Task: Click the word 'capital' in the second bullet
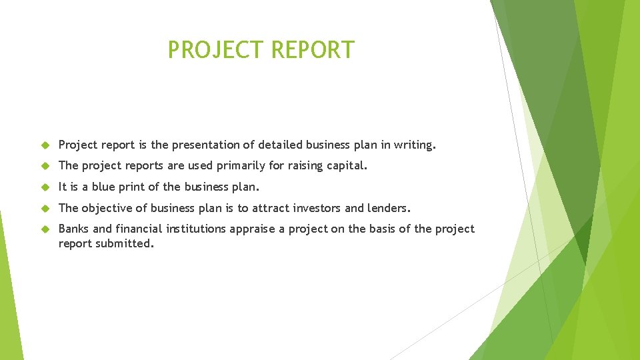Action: (x=345, y=166)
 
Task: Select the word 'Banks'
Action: (x=74, y=229)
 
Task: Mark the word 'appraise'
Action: (x=253, y=229)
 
